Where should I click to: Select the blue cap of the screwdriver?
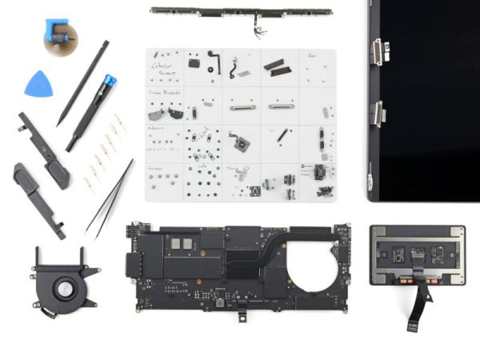pos(108,81)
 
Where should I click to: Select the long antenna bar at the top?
pos(240,12)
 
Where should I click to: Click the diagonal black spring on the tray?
pos(282,137)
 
